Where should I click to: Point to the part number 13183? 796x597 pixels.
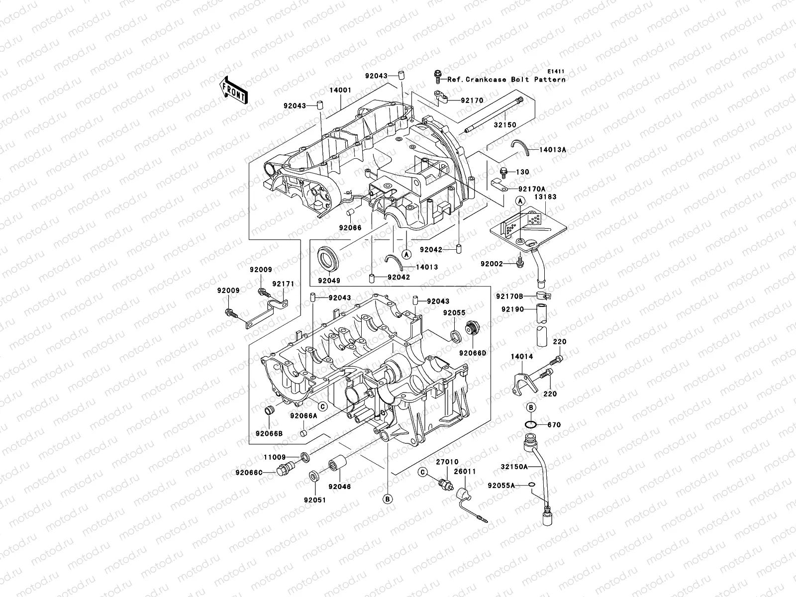546,197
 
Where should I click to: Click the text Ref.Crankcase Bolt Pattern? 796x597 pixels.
506,80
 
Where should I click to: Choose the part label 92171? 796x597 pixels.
283,284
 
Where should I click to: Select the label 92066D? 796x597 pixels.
472,353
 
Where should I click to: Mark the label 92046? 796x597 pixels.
339,487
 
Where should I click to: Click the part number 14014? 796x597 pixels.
522,357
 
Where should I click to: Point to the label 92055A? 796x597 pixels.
501,485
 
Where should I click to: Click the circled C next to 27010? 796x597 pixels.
422,471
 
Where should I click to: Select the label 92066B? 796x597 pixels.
269,433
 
